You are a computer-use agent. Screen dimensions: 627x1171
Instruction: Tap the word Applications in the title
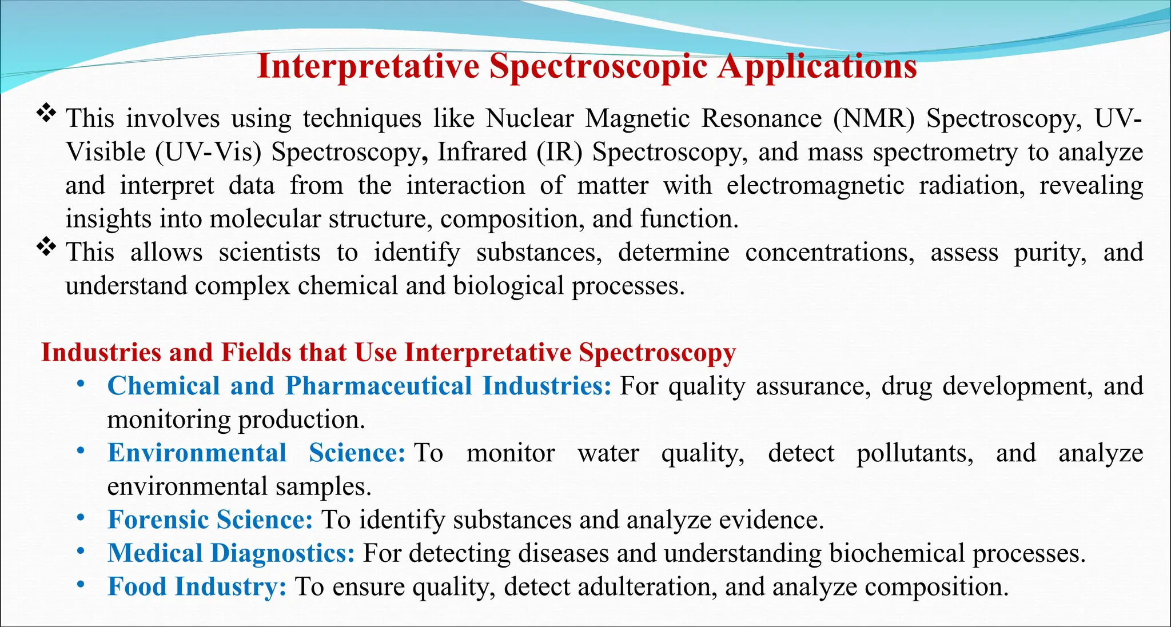pyautogui.click(x=818, y=66)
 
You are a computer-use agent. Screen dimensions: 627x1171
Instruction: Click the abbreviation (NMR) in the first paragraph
pyautogui.click(x=873, y=118)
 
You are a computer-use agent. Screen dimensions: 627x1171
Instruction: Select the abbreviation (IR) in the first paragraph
pyautogui.click(x=559, y=152)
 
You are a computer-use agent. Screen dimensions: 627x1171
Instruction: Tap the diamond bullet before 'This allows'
pyautogui.click(x=46, y=247)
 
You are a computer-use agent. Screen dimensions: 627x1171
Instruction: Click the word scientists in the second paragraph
pyautogui.click(x=269, y=253)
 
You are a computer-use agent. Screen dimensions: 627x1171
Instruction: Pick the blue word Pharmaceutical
pyautogui.click(x=379, y=386)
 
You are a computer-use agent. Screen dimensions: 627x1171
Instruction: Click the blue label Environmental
pyautogui.click(x=197, y=453)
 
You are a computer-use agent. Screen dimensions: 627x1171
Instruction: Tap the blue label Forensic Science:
pyautogui.click(x=210, y=520)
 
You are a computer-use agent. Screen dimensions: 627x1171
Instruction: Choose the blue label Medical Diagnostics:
pyautogui.click(x=231, y=553)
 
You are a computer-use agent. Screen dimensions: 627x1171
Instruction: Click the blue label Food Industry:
pyautogui.click(x=197, y=587)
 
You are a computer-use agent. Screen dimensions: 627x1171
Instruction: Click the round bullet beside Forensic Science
pyautogui.click(x=81, y=518)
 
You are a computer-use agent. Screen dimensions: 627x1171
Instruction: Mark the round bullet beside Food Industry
pyautogui.click(x=81, y=585)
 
